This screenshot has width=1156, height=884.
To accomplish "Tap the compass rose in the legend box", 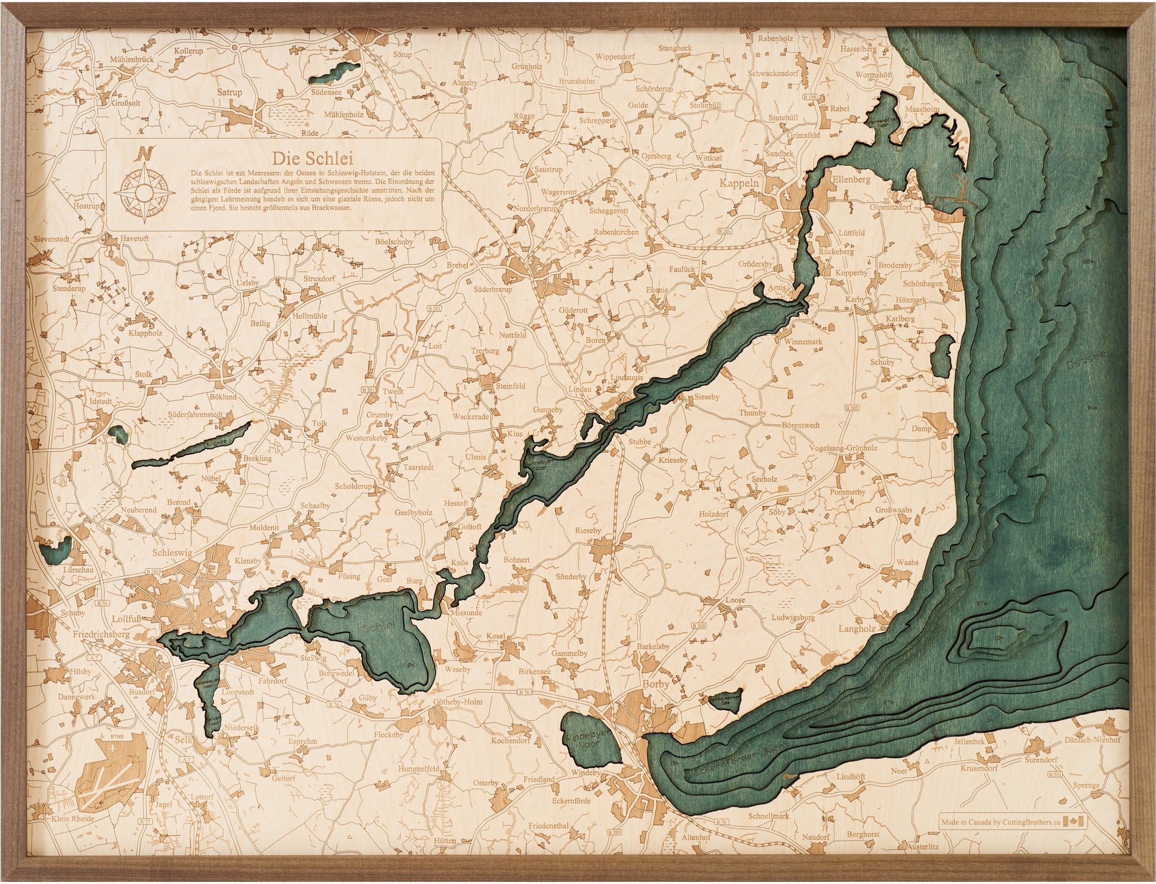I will tap(144, 192).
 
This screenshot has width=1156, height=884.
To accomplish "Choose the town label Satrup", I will tap(230, 92).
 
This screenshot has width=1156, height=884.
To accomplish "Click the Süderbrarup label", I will tap(493, 289).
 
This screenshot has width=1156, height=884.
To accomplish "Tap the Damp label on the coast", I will tap(921, 428).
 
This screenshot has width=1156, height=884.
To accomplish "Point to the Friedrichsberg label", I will tap(101, 634).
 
